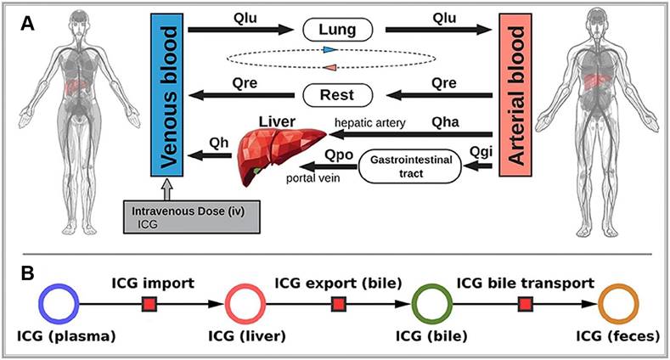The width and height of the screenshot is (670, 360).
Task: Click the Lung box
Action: pyautogui.click(x=338, y=31)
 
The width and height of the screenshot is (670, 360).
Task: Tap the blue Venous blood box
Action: pyautogui.click(x=166, y=93)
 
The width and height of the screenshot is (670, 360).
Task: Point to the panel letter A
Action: pyautogui.click(x=28, y=24)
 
